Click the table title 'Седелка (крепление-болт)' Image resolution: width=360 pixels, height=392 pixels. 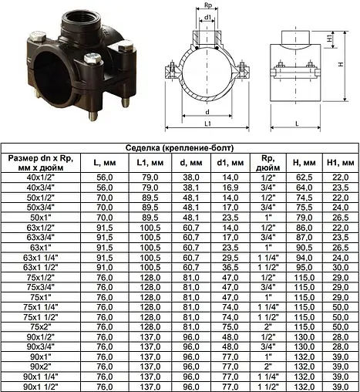pos(180,148)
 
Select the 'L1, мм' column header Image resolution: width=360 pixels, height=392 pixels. pos(150,163)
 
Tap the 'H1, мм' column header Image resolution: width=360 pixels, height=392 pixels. pos(341,163)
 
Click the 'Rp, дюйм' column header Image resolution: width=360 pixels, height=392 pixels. pos(268,163)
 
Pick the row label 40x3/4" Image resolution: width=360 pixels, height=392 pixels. pos(41,188)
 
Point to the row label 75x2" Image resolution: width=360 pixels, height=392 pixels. pos(41,327)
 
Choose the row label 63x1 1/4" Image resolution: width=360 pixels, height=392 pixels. pos(41,258)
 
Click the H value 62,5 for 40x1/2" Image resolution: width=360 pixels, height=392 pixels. pos(304,177)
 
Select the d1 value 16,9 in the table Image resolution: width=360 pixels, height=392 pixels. pos(230,188)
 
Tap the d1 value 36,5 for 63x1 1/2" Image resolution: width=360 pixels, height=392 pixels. pos(230,268)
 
